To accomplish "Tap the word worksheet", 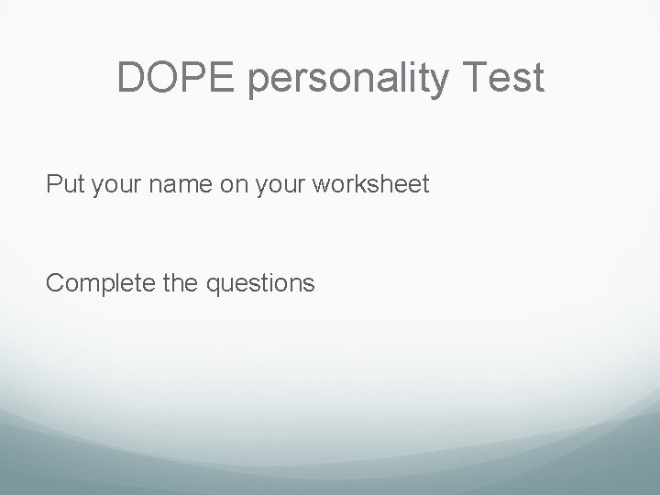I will (370, 185).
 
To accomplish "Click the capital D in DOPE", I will (132, 79).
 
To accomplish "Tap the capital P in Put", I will (53, 185).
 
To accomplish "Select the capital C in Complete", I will (54, 282).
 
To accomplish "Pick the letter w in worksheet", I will (322, 187).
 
